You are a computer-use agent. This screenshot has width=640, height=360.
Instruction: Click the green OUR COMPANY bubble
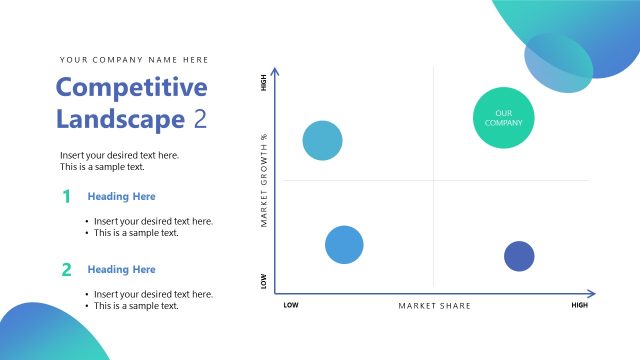(503, 117)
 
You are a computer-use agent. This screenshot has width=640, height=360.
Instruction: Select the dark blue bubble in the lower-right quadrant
(518, 256)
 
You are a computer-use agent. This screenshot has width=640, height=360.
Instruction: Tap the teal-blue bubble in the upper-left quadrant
(322, 141)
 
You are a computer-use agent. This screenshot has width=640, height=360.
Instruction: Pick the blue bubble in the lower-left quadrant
(344, 244)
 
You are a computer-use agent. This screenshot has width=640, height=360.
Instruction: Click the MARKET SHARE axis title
(434, 305)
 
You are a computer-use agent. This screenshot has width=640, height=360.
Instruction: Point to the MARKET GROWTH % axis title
(264, 180)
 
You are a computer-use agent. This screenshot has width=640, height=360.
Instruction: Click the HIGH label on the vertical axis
(264, 84)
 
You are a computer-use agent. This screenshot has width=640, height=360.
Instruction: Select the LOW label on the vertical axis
(264, 283)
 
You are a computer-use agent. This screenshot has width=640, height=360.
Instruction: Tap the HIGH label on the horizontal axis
(579, 305)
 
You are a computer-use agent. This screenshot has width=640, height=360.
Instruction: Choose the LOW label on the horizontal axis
(291, 305)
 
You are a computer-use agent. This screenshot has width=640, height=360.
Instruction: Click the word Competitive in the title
(131, 88)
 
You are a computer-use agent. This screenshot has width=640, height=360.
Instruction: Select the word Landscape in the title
(120, 119)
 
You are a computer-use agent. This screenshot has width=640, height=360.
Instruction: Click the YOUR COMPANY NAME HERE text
(134, 60)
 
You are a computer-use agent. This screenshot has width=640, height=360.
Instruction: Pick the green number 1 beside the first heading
(66, 197)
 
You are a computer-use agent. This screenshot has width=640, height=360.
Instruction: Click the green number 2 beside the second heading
(66, 269)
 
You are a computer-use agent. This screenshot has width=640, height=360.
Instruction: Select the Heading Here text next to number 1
(121, 197)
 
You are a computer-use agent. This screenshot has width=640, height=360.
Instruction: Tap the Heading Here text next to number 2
(121, 269)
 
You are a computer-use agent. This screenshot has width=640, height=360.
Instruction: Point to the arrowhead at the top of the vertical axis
(276, 72)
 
